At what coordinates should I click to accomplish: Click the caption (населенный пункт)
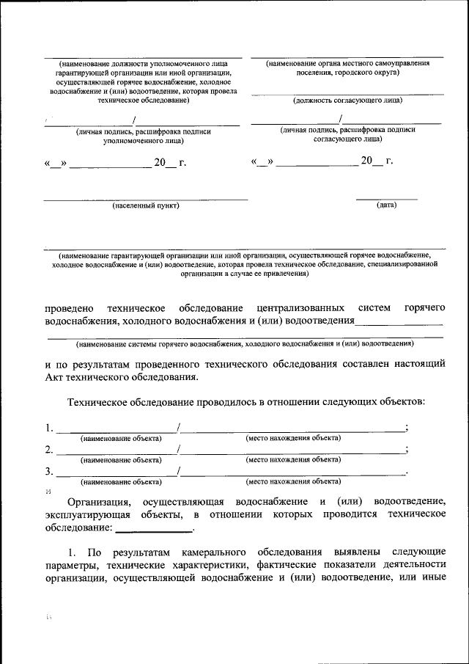(x=146, y=205)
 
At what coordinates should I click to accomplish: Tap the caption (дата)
(x=386, y=205)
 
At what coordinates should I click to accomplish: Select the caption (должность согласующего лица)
(x=347, y=100)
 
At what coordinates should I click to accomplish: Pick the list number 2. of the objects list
(x=49, y=450)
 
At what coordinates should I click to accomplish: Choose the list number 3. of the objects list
(x=49, y=472)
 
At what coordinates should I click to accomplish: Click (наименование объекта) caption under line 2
(x=121, y=460)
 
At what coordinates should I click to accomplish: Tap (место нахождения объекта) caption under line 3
(x=293, y=482)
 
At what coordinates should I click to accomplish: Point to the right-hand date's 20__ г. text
(x=377, y=161)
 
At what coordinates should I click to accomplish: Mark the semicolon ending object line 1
(x=406, y=428)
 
